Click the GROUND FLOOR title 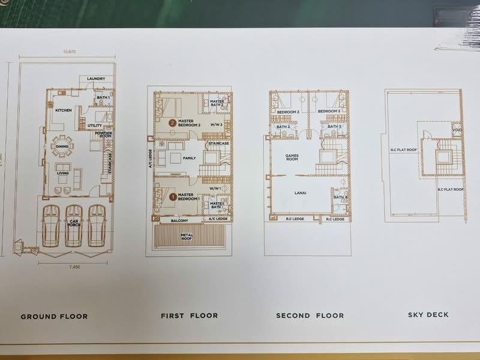coord(54,316)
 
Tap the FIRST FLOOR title coord(189,315)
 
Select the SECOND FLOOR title coord(310,315)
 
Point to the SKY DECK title coord(428,314)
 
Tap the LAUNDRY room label coord(96,79)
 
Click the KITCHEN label coord(64,110)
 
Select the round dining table coord(61,145)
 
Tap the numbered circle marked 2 coord(172,122)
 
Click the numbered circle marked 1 coord(172,196)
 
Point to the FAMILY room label coord(189,158)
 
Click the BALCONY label coord(179,220)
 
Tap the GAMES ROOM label coord(292,157)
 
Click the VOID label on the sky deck coord(457,130)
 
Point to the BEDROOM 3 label coord(329,112)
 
